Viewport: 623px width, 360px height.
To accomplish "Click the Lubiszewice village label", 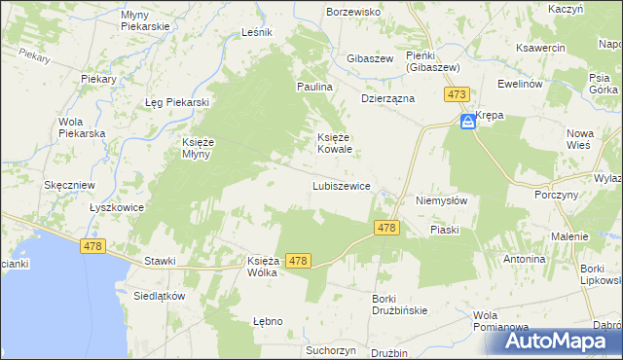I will coord(340,186).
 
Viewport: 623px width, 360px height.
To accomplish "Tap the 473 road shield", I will coord(458,94).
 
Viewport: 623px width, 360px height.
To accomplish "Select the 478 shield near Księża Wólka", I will coord(299,261).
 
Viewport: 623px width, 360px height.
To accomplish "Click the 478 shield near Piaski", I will coord(386,228).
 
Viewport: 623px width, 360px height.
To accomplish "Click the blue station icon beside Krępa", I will coord(467,122).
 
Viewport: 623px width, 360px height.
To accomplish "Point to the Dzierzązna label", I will coord(388,98).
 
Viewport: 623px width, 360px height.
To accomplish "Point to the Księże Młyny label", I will coord(205,148).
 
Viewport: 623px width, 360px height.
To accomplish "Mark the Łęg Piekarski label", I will coord(178,103).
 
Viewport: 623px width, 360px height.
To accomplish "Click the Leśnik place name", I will coord(257,32).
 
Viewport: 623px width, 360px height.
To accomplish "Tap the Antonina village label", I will coord(524,260).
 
